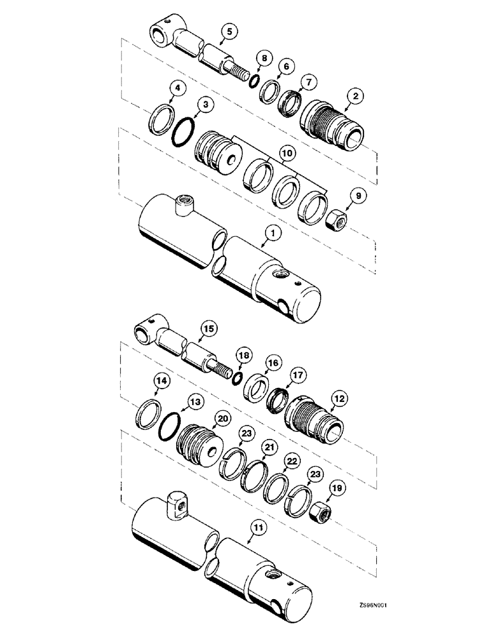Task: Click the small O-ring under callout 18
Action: (236, 380)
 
